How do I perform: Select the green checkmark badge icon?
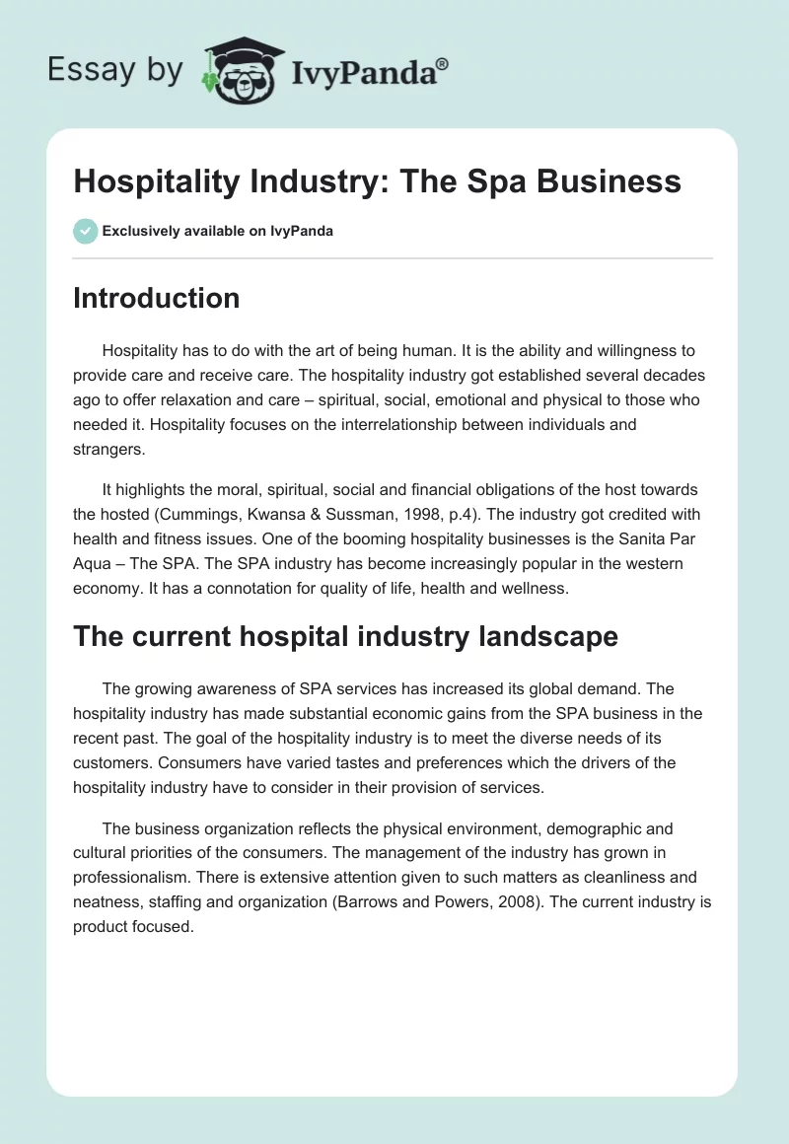click(x=85, y=231)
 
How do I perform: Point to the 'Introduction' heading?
click(x=156, y=298)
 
